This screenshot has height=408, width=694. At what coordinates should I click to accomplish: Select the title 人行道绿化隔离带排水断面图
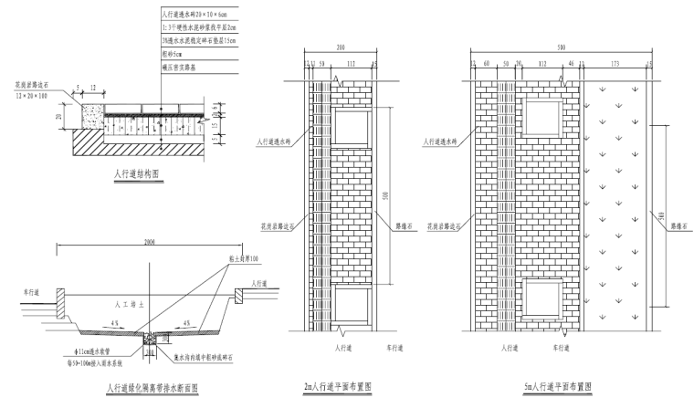[152, 388]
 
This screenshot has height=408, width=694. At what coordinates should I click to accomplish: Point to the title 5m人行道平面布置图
[555, 387]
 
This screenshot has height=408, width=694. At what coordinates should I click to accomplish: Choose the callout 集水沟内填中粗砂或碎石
[212, 356]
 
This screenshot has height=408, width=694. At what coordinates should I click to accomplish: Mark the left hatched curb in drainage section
[60, 297]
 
